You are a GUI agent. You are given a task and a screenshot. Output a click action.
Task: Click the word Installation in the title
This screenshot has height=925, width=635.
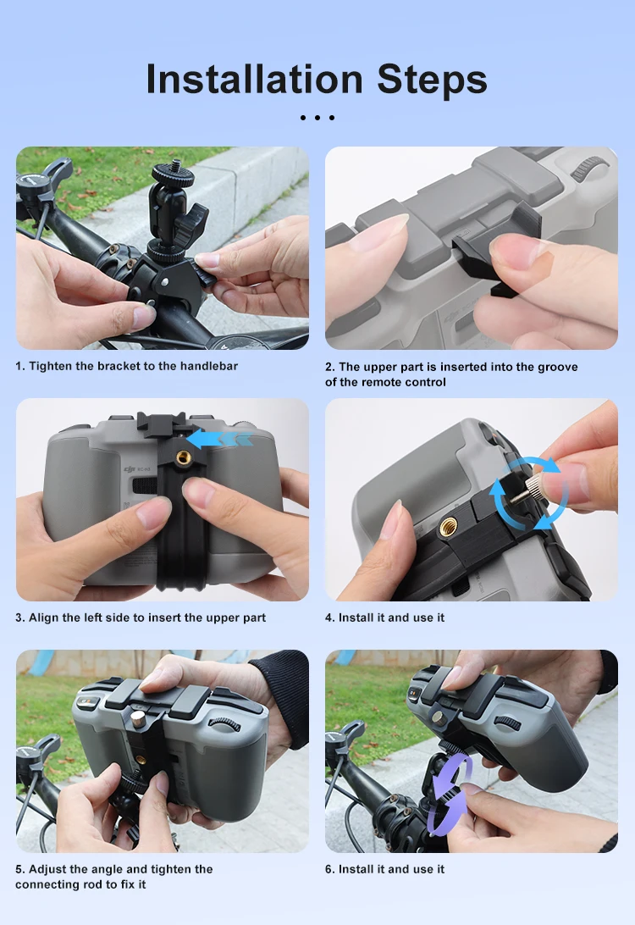pyautogui.click(x=254, y=79)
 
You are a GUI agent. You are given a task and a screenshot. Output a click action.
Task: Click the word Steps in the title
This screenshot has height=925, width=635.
pyautogui.click(x=432, y=79)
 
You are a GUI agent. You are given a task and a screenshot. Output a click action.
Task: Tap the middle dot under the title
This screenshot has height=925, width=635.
pyautogui.click(x=317, y=118)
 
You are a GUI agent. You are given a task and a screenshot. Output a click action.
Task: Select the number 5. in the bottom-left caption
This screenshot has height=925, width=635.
pyautogui.click(x=20, y=869)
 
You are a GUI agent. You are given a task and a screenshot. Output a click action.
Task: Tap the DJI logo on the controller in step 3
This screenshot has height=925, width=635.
pyautogui.click(x=130, y=469)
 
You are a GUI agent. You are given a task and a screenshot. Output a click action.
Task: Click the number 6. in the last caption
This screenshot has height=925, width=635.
pyautogui.click(x=330, y=869)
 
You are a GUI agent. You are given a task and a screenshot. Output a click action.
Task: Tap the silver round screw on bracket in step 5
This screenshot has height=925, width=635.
pyautogui.click(x=139, y=718)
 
